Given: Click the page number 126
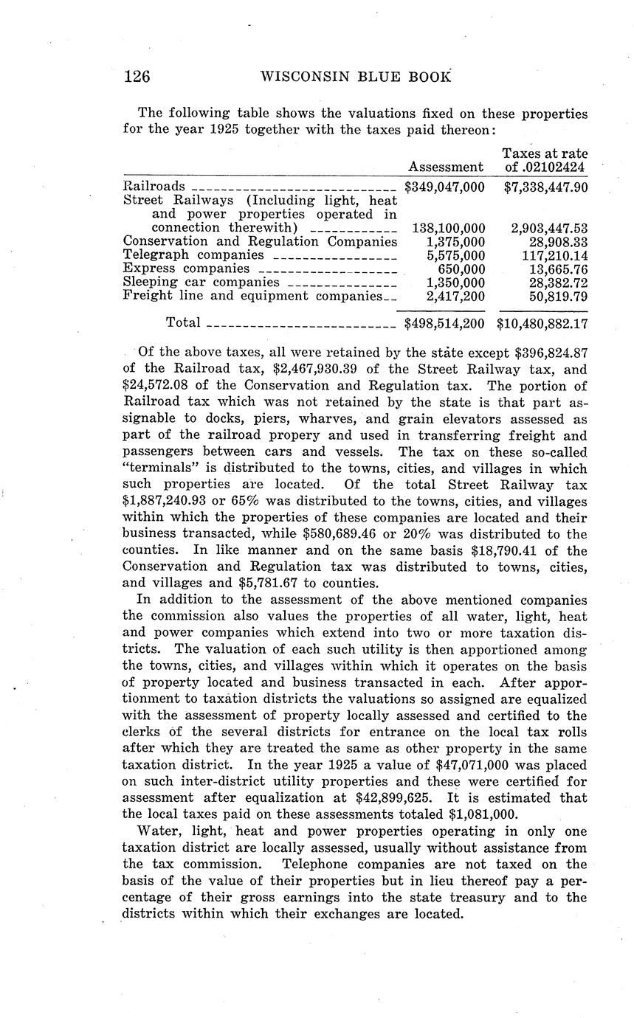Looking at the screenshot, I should [x=137, y=77].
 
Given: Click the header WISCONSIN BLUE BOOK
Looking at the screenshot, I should [x=356, y=77].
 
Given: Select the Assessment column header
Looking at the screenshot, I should [x=446, y=167].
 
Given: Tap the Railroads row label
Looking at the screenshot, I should [x=154, y=187].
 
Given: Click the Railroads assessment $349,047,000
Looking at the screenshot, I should [x=445, y=187].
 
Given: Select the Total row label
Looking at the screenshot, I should [x=183, y=322].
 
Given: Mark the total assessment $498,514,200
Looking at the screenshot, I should [x=445, y=323].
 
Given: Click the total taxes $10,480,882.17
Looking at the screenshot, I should [x=542, y=323].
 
